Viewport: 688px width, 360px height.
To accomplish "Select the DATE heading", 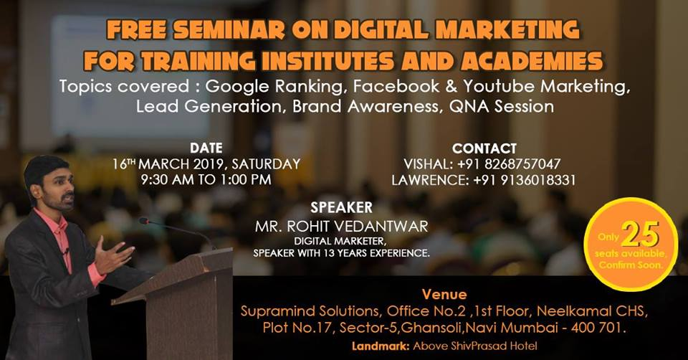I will (x=206, y=148).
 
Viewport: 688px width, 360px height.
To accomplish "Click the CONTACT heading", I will (x=484, y=148).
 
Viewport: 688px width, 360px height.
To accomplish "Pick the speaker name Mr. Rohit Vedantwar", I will (x=342, y=226).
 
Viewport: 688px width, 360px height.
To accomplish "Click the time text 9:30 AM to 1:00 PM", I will (x=206, y=179).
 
